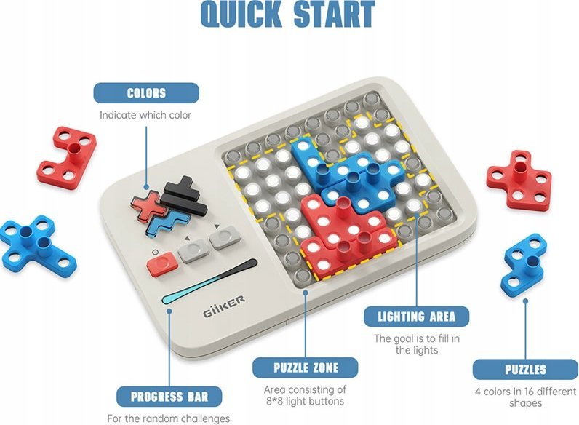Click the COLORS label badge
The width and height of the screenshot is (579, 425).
click(146, 92)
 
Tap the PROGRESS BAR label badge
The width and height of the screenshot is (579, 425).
click(169, 397)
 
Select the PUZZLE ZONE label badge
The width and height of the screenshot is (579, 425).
click(306, 368)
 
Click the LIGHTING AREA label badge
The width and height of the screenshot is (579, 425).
click(417, 317)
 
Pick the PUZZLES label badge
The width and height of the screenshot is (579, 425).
click(525, 369)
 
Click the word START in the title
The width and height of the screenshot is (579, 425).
click(334, 14)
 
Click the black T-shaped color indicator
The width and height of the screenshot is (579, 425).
click(184, 196)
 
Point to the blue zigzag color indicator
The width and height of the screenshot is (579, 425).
click(169, 223)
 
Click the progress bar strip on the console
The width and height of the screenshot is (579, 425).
click(209, 282)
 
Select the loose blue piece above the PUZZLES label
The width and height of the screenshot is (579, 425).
click(524, 265)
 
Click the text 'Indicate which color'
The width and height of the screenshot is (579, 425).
click(145, 115)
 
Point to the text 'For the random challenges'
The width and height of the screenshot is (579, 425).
click(168, 418)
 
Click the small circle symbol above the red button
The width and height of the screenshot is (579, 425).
click(156, 252)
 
